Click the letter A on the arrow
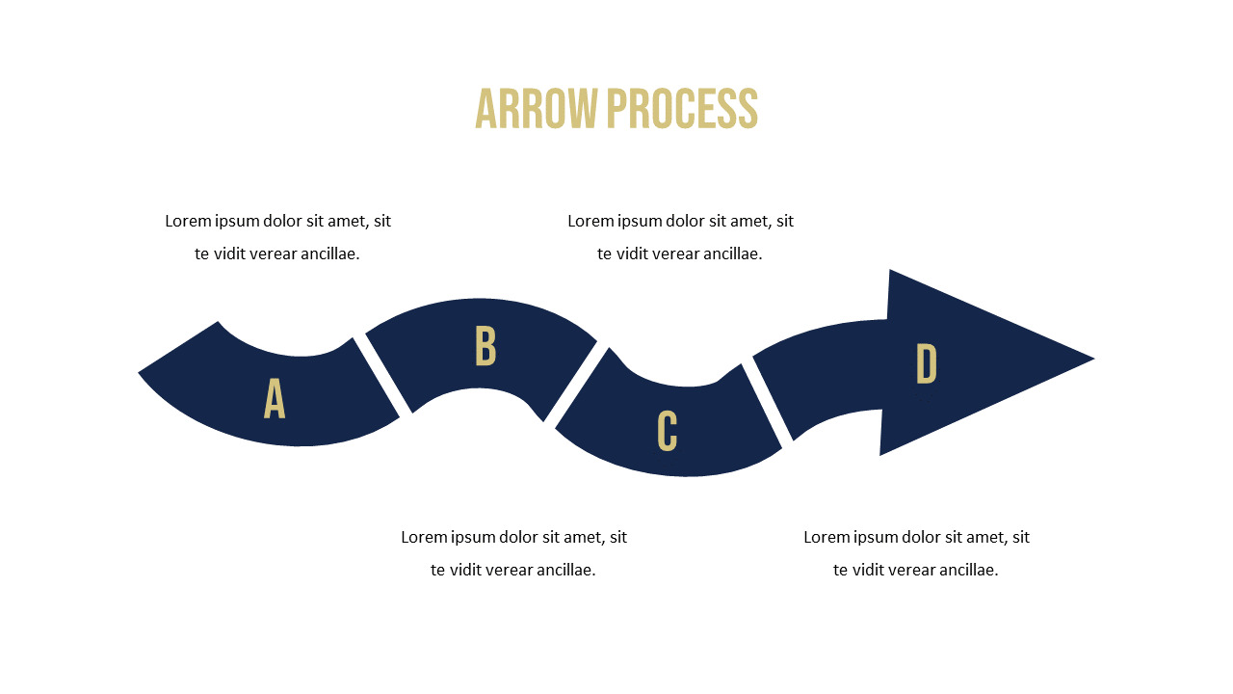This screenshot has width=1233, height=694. pyautogui.click(x=275, y=398)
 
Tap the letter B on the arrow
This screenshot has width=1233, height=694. pyautogui.click(x=485, y=345)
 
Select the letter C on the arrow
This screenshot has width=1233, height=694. pyautogui.click(x=668, y=431)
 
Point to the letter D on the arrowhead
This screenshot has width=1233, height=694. pyautogui.click(x=927, y=363)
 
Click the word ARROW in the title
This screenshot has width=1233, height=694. pyautogui.click(x=537, y=109)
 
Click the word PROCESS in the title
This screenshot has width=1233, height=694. pyautogui.click(x=683, y=109)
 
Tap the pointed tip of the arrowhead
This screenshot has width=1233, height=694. pyautogui.click(x=1094, y=359)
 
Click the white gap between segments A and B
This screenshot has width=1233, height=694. pyautogui.click(x=382, y=375)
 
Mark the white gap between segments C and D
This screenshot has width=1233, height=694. pyautogui.click(x=767, y=401)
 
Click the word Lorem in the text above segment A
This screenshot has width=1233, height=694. pyautogui.click(x=188, y=221)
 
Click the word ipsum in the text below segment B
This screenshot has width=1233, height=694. pyautogui.click(x=473, y=538)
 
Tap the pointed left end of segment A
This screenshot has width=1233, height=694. pyautogui.click(x=138, y=373)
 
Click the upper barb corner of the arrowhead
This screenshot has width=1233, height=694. pyautogui.click(x=889, y=270)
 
